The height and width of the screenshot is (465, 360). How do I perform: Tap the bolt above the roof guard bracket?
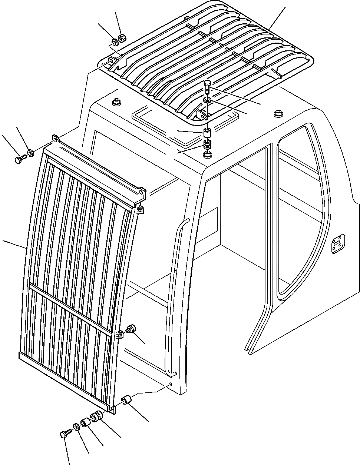pyautogui.click(x=207, y=86)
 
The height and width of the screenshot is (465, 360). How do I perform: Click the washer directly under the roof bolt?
pyautogui.click(x=208, y=100)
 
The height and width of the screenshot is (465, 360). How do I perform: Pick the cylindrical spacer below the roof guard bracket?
pyautogui.click(x=207, y=132)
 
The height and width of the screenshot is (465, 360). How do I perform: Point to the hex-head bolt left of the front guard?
pyautogui.click(x=19, y=160)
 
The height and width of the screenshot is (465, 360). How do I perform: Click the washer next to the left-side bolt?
pyautogui.click(x=30, y=152)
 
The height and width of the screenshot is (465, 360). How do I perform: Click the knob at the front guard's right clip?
pyautogui.click(x=131, y=328)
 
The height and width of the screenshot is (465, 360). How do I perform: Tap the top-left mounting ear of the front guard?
pyautogui.click(x=55, y=139)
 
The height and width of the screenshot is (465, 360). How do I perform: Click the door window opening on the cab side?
pyautogui.click(x=297, y=207)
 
